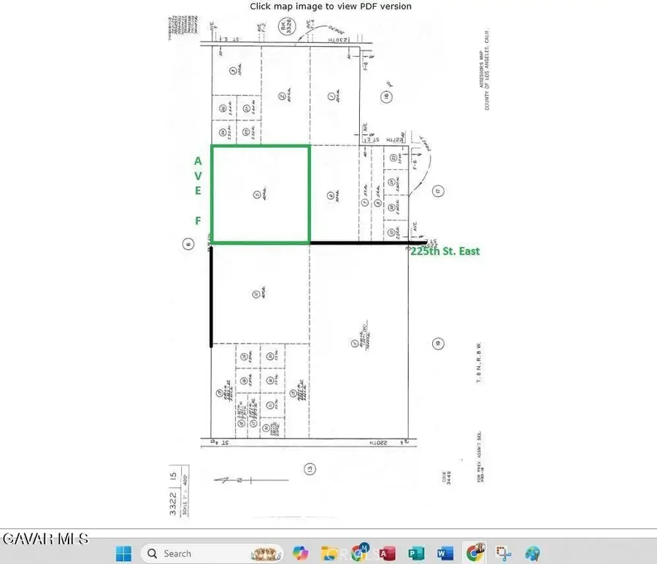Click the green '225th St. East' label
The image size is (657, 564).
click(x=445, y=250)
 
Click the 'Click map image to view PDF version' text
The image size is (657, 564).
click(x=331, y=7)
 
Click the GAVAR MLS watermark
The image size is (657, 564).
click(x=45, y=539)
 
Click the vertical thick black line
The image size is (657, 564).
click(x=212, y=295)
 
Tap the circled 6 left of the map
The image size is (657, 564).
click(x=188, y=244)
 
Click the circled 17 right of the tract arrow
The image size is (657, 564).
click(x=438, y=191)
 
